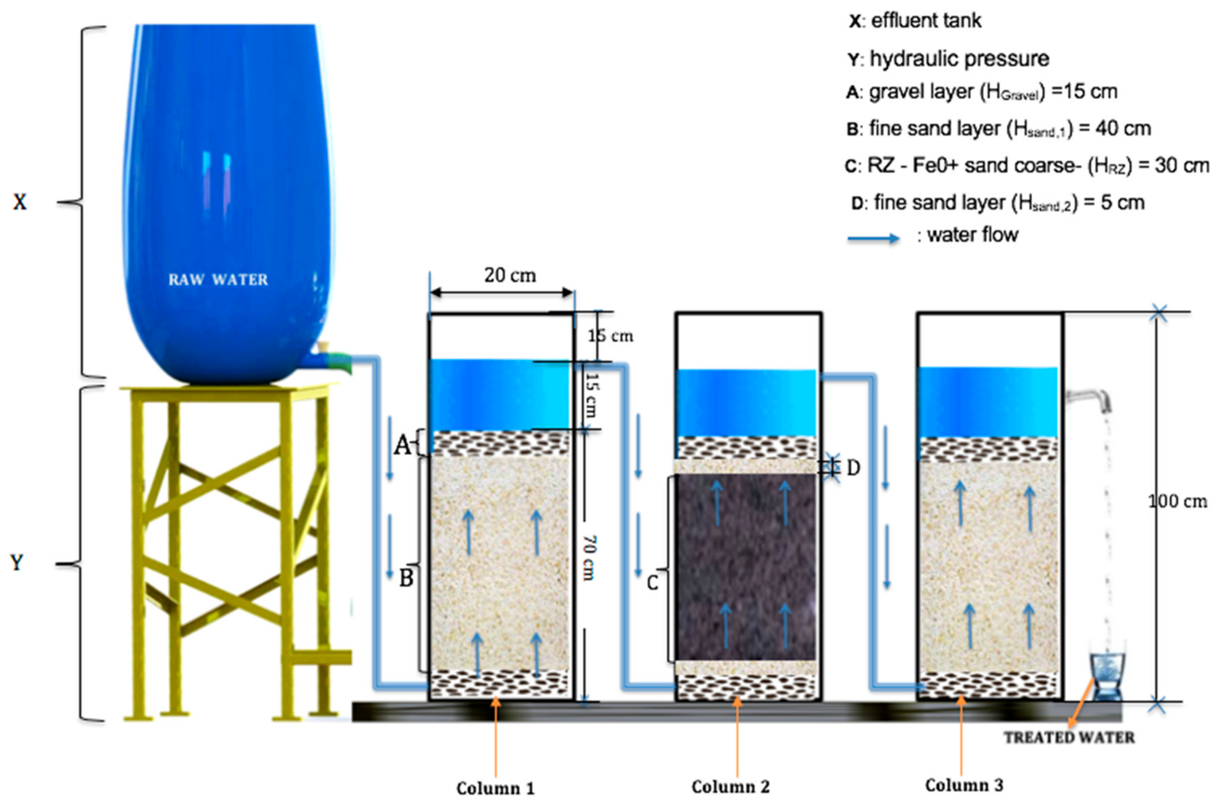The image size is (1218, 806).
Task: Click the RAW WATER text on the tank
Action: pyautogui.click(x=218, y=280)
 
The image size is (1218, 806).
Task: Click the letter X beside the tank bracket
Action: pyautogui.click(x=19, y=202)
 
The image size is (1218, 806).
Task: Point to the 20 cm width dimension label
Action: pyautogui.click(x=510, y=276)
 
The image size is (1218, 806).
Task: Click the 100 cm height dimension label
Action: pyautogui.click(x=1177, y=501)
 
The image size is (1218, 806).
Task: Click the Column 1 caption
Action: pyautogui.click(x=495, y=788)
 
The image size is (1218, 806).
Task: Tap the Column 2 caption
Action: pyautogui.click(x=730, y=787)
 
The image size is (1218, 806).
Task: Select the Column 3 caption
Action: pyautogui.click(x=964, y=785)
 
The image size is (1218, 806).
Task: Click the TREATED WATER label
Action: pyautogui.click(x=1069, y=738)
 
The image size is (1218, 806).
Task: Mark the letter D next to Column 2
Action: pyautogui.click(x=853, y=468)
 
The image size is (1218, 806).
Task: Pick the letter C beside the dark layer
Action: pyautogui.click(x=652, y=583)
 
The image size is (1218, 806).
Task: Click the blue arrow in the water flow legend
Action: pyautogui.click(x=873, y=238)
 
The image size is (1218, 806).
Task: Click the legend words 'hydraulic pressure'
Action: pyautogui.click(x=959, y=59)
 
